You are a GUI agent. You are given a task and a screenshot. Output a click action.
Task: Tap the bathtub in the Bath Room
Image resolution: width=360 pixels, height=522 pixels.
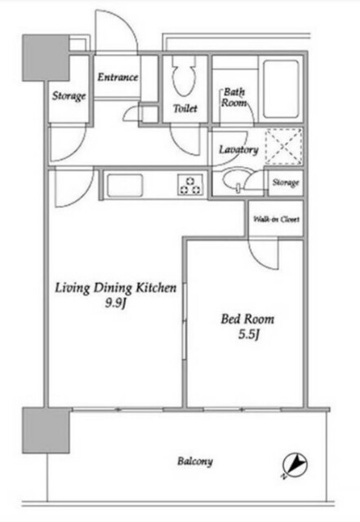(x=281, y=89)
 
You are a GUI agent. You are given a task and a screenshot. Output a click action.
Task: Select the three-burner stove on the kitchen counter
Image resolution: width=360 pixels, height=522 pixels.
(x=190, y=185)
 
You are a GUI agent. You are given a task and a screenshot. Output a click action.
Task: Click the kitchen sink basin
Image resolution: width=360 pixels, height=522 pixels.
(x=124, y=185)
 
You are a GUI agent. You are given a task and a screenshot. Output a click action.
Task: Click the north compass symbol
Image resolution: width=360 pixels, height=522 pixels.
(x=295, y=465)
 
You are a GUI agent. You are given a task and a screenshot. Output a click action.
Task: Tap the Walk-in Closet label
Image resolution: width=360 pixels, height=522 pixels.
(x=277, y=219)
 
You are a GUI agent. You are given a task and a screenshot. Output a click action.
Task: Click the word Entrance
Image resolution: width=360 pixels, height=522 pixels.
(x=118, y=77)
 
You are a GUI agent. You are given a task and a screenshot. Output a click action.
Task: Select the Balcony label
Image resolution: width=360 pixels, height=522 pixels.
(x=195, y=462)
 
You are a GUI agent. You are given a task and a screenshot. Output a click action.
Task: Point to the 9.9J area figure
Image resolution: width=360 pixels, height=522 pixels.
(x=115, y=303)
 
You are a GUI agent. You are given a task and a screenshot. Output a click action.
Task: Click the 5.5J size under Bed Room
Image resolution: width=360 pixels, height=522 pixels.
(x=248, y=334)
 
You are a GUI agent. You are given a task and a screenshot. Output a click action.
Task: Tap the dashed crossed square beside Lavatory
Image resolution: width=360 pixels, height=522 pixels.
(x=283, y=147)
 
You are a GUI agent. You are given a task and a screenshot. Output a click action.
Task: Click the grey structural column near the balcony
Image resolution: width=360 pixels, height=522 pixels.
(x=47, y=430)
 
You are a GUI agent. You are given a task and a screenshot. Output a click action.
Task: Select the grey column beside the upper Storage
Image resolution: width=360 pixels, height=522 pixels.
(x=46, y=58)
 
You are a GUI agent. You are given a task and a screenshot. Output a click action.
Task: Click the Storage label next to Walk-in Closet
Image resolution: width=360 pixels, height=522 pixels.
(x=286, y=183)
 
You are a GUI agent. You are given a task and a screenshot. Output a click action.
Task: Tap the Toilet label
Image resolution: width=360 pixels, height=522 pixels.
(x=185, y=108)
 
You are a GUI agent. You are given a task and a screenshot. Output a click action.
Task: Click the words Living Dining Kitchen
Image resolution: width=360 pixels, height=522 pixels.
(x=115, y=288)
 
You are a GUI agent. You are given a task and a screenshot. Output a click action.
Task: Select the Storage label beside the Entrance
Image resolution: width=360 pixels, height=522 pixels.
(x=69, y=96)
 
